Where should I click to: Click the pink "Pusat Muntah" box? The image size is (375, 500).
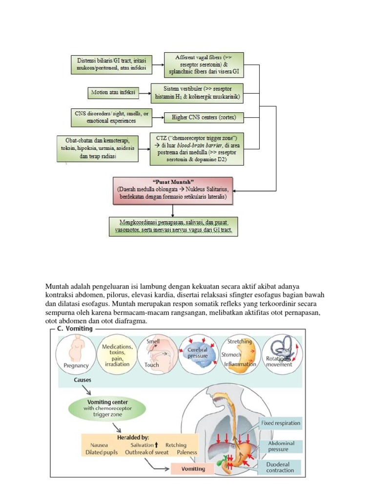point(173,190)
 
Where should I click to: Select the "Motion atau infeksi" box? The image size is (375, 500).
point(113,92)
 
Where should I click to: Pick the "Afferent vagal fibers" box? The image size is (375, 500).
point(203,65)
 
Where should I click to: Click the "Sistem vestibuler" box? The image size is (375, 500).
point(197,93)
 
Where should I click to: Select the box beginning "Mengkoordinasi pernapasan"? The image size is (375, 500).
point(173,227)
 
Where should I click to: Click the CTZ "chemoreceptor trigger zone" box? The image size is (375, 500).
point(197,148)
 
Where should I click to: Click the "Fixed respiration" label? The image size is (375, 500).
point(280,423)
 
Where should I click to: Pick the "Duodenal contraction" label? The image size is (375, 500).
point(280,467)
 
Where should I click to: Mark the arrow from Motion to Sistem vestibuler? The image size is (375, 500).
point(145,92)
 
